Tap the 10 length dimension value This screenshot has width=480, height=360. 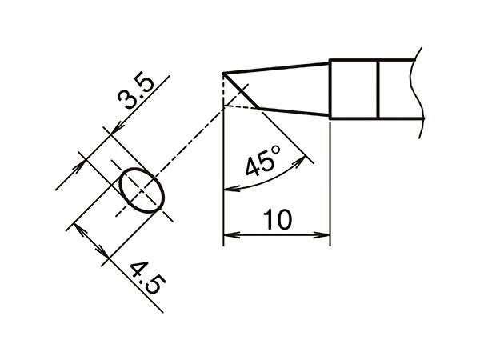(x=278, y=219)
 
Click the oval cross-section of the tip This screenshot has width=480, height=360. (x=142, y=190)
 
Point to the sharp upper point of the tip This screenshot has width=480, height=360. (x=223, y=73)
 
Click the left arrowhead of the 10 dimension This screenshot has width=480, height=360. (x=231, y=235)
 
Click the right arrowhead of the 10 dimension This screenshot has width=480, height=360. (x=322, y=235)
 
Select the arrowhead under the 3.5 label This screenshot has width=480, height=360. (x=117, y=128)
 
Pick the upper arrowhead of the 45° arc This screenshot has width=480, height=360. (x=300, y=162)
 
